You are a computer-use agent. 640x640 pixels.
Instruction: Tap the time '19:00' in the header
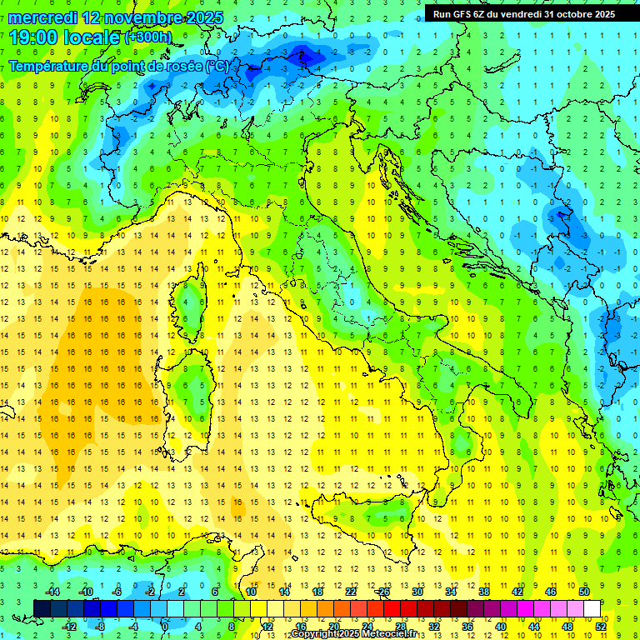click(x=37, y=37)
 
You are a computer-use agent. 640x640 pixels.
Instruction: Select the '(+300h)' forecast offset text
click(x=147, y=37)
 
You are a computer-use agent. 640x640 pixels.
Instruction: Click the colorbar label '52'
click(x=601, y=627)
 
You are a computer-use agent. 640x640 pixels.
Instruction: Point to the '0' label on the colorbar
click(x=165, y=627)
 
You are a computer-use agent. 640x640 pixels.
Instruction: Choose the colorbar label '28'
click(x=400, y=627)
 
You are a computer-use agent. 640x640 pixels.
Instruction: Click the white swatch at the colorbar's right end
click(x=592, y=608)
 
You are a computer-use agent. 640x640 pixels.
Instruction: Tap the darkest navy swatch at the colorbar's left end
click(x=42, y=608)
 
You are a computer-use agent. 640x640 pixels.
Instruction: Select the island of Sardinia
click(x=190, y=392)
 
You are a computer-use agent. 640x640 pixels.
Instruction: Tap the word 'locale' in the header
click(x=93, y=37)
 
